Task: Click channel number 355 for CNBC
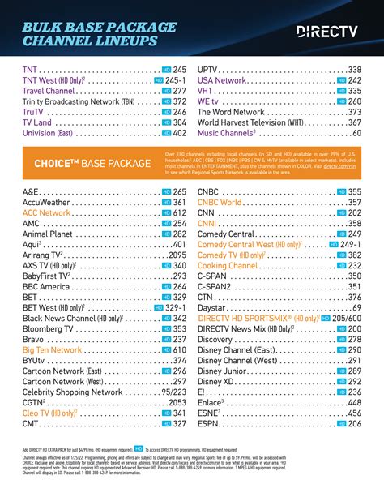coord(354,192)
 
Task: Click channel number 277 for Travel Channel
coord(179,92)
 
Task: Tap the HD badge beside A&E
coord(167,192)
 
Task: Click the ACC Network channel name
coord(48,212)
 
